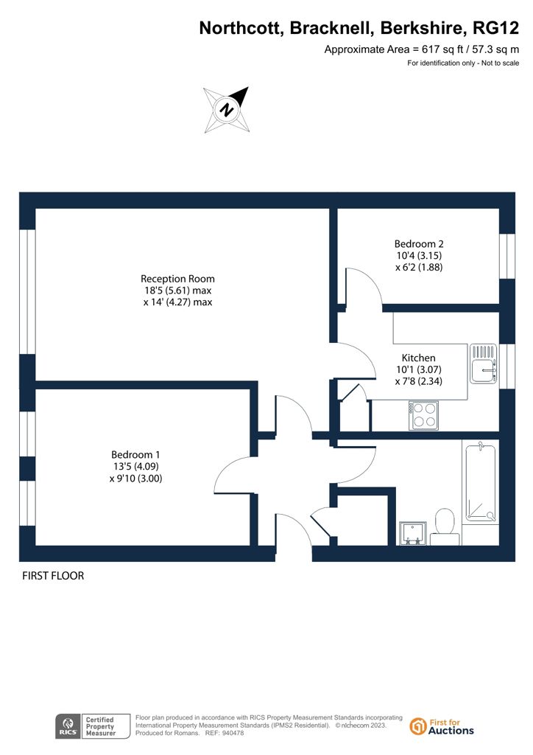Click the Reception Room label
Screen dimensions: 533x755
(177, 279)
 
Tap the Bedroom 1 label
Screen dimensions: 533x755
(135, 454)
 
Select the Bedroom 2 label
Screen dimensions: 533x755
(419, 243)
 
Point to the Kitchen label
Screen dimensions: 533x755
(419, 358)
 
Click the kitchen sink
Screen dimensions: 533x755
(483, 363)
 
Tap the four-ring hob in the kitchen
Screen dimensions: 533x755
(423, 416)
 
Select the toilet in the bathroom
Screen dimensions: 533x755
(445, 526)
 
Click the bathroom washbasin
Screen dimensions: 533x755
(412, 534)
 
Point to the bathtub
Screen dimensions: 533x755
(481, 483)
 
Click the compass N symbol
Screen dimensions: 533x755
(226, 110)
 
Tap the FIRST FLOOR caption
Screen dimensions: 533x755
(53, 576)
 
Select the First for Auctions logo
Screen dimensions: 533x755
(442, 726)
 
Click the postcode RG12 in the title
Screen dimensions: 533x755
(496, 29)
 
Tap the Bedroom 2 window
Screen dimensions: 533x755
(507, 256)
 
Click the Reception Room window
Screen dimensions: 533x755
(27, 292)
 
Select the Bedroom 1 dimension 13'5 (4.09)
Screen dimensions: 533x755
(136, 466)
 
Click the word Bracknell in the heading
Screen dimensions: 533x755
(331, 29)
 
